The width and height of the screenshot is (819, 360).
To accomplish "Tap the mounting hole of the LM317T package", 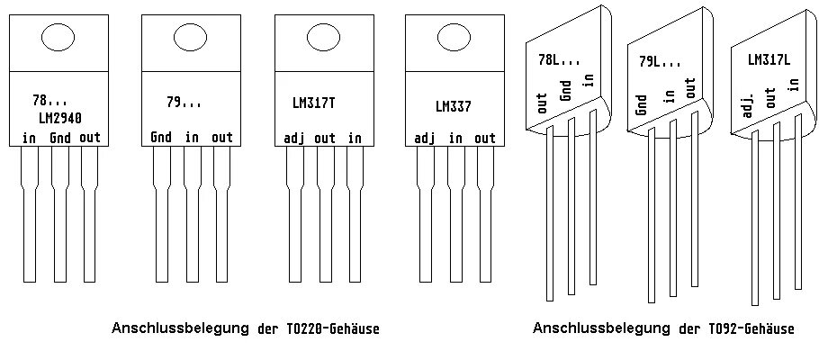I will coord(321,37).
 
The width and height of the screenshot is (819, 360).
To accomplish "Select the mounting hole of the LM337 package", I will coord(453,38).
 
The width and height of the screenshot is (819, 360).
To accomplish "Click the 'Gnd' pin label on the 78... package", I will coord(60,138).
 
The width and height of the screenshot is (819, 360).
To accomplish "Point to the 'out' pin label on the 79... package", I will coord(221,138).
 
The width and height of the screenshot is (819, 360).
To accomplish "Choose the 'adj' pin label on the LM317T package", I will coord(294,138).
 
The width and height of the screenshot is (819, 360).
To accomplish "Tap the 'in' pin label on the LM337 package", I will coord(455,138).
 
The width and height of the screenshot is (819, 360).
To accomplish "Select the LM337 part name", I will coord(453,106).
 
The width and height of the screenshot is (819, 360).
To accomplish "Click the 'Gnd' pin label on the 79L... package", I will coord(642,104).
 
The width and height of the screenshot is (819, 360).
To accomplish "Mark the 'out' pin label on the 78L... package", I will coord(543,103).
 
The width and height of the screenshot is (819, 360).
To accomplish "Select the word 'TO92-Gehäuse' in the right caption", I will coord(744,329).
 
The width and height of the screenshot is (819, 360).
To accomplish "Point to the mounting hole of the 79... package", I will coord(191,37).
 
